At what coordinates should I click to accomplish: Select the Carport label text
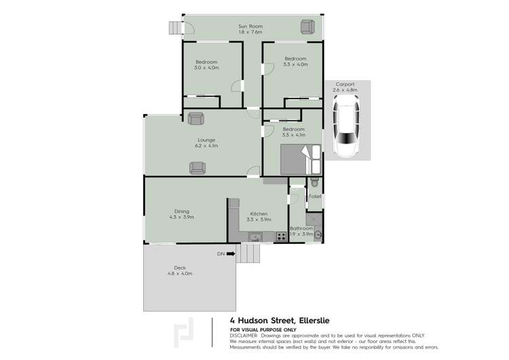click(x=344, y=84)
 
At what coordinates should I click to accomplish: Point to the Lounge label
click(x=206, y=140)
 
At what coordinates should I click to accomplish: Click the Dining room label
click(x=181, y=211)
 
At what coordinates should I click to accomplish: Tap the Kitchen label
click(x=259, y=213)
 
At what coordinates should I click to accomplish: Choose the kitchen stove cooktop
click(x=281, y=237)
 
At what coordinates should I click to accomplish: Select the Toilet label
click(x=315, y=196)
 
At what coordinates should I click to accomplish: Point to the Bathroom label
click(x=301, y=229)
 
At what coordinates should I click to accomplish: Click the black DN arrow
click(x=231, y=254)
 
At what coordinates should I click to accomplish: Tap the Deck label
click(x=180, y=268)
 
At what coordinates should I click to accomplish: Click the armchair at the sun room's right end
click(x=307, y=26)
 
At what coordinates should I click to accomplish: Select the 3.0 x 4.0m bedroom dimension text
click(x=206, y=67)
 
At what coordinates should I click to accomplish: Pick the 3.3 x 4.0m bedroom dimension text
click(x=296, y=65)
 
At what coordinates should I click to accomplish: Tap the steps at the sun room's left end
click(x=176, y=28)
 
